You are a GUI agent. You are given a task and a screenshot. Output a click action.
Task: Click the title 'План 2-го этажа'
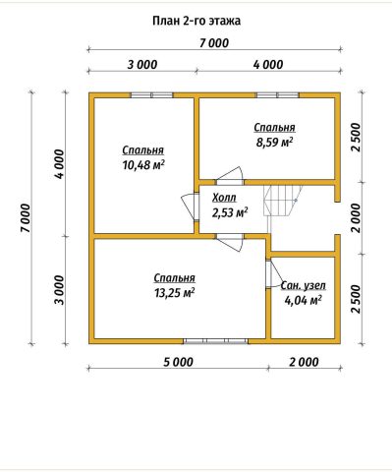pos(196,21)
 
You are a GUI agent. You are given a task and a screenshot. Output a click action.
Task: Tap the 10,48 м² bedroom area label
pos(143,165)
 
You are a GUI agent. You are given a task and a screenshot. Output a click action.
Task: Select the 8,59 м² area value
pos(274,143)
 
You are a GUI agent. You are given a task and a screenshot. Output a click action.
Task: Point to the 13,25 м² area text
pos(175,293)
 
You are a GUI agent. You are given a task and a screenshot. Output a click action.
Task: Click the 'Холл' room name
pos(224,198)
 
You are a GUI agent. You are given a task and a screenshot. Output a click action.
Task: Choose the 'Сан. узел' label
pos(304,285)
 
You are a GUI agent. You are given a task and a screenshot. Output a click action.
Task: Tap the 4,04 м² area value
pos(303,300)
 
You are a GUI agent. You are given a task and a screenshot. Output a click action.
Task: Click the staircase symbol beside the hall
pos(283,201)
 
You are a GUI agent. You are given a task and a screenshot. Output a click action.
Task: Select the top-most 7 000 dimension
pos(214,43)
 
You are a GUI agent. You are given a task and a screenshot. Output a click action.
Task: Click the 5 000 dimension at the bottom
pos(179,362)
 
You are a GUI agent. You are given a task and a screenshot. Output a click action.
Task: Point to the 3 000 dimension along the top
pos(142,65)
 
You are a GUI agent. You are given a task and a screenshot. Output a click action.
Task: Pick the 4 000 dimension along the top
pos(268,65)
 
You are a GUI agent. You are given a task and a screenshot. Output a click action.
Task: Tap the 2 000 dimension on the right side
pos(356,218)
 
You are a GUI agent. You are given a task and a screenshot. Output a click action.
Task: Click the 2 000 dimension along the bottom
pos(304,362)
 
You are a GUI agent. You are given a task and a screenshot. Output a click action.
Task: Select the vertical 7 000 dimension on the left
pos(26,218)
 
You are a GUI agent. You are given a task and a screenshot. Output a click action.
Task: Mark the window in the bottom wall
pos(215,341)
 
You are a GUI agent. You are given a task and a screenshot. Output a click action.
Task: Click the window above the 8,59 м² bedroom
pos(277,95)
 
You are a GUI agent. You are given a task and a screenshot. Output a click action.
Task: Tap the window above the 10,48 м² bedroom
pos(152,95)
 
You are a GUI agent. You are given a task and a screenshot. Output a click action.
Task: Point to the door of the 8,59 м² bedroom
pos(230,176)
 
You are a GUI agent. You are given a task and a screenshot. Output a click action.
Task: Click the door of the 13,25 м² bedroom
pos(230,243)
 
